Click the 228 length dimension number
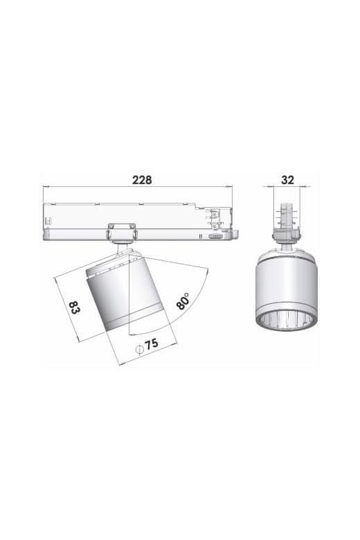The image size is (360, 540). pyautogui.click(x=142, y=179)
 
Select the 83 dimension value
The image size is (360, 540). pyautogui.click(x=73, y=306)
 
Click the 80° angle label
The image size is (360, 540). pyautogui.click(x=183, y=300)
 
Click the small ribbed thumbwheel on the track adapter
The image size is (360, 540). pyautogui.click(x=216, y=237)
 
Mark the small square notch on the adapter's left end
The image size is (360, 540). pyautogui.click(x=47, y=222)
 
